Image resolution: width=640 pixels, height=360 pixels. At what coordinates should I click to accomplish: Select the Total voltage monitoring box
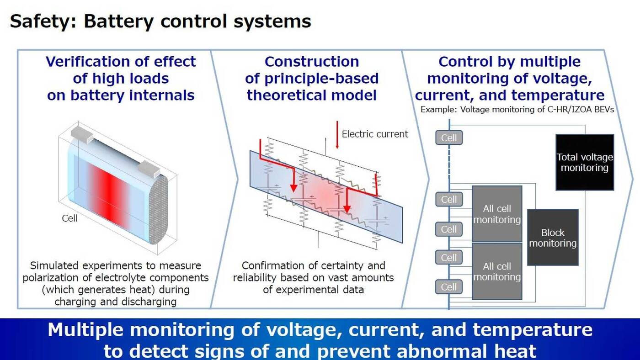click(x=584, y=162)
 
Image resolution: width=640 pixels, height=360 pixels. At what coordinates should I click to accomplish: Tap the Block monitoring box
click(x=553, y=238)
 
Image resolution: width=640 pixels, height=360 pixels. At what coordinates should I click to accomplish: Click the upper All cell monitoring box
click(x=497, y=214)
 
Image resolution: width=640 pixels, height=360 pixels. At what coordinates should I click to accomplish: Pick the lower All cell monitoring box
click(x=497, y=271)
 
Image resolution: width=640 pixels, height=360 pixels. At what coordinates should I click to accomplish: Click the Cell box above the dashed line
click(x=449, y=138)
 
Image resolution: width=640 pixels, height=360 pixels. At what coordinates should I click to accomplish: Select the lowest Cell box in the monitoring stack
click(x=449, y=287)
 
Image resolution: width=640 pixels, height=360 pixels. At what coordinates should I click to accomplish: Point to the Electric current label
click(x=375, y=134)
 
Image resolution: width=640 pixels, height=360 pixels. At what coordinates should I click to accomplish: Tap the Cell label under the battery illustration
click(x=70, y=218)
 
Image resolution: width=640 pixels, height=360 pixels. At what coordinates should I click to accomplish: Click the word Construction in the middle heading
click(x=312, y=62)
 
